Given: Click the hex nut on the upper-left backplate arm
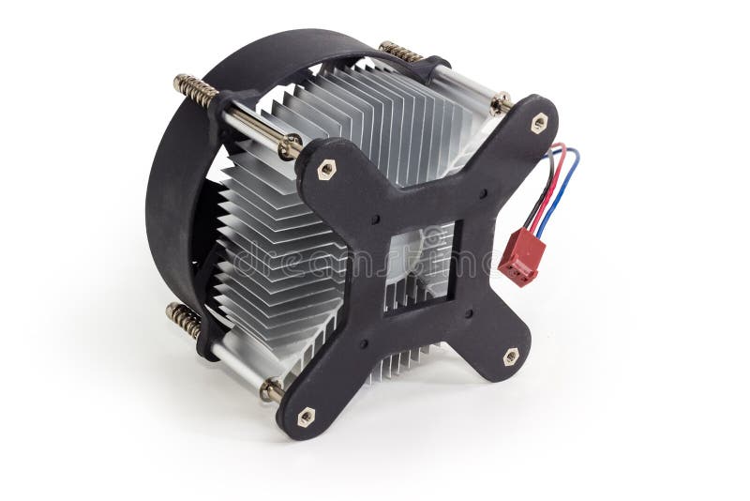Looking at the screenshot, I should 326,169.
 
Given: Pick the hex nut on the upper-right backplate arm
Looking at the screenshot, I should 539,123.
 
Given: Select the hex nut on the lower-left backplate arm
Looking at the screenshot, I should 306,417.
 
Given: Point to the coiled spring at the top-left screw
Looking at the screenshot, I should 195,91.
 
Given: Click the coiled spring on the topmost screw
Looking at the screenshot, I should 400,51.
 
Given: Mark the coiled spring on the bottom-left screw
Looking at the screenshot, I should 184,319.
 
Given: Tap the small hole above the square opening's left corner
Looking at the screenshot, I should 374,220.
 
